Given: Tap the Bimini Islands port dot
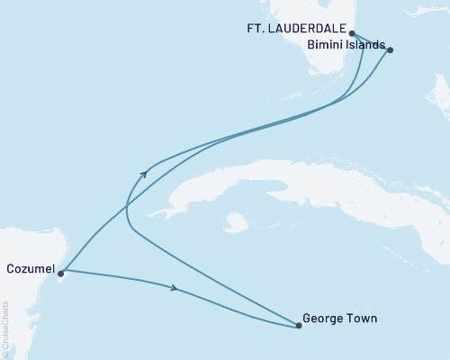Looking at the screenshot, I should (390, 50).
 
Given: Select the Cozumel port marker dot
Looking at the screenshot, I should (60, 273).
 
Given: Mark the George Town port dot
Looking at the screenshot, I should (298, 326).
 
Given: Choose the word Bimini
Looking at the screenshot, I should (326, 45).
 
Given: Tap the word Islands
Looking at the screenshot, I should (367, 45).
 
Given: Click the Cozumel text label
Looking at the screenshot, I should (30, 268).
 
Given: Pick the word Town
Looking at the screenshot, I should (363, 318).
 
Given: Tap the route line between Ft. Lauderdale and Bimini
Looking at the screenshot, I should (371, 41).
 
